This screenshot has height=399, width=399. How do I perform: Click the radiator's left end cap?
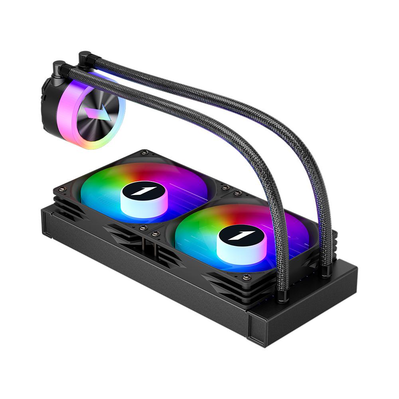[x=46, y=223]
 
